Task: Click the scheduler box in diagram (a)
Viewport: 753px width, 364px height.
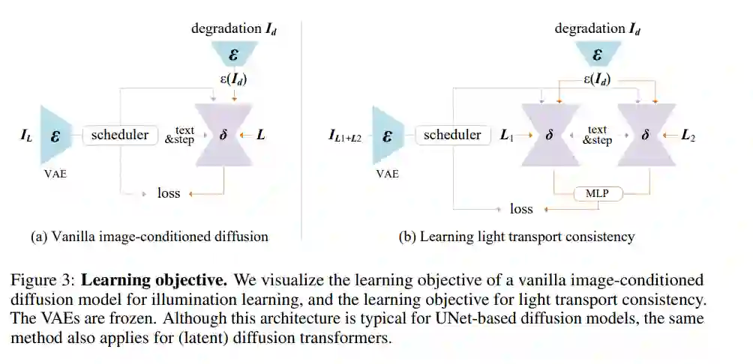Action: [x=120, y=136]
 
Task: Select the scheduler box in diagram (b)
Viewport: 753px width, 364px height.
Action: [x=451, y=136]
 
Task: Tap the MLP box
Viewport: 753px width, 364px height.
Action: [x=597, y=194]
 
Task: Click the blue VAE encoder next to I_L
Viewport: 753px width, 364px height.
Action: [x=55, y=136]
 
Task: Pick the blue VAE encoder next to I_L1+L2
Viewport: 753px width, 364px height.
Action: [x=387, y=136]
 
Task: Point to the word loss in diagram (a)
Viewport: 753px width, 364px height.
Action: [x=169, y=193]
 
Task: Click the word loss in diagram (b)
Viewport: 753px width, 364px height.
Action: [x=521, y=208]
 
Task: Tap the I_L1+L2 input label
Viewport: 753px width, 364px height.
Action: [x=345, y=136]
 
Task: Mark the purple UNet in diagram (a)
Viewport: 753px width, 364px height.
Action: [x=223, y=136]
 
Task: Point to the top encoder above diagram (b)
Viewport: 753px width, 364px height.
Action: [x=597, y=55]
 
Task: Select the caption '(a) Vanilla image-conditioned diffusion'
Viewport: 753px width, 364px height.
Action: [x=149, y=237]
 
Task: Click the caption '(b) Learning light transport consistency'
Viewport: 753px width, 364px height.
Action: [x=516, y=237]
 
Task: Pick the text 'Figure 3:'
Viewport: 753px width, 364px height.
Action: [x=43, y=281]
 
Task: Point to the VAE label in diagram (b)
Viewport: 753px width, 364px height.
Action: [x=387, y=174]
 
